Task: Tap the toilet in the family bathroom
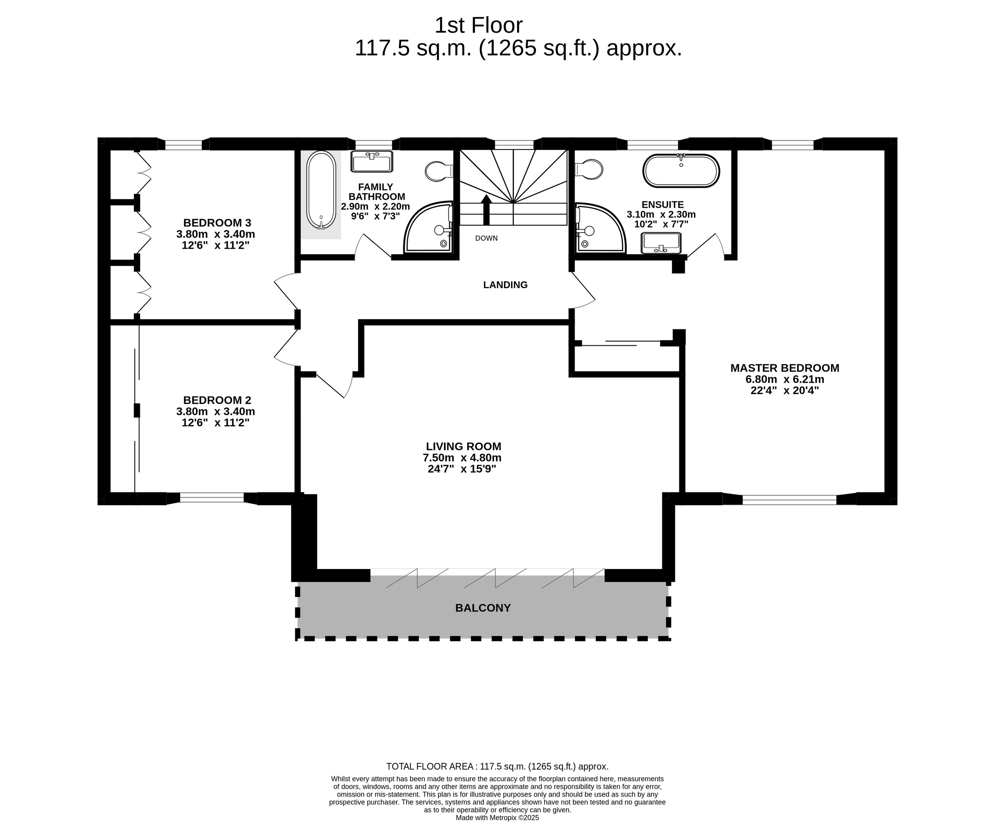point(439,171)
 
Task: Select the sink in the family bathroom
point(371,161)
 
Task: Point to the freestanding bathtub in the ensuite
point(681,170)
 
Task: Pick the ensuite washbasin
point(661,243)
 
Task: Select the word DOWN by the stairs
point(486,238)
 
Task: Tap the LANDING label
point(505,284)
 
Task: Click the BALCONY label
point(483,608)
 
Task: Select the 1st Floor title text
point(478,25)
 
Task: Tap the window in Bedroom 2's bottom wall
point(212,498)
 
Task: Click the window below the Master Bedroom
point(789,499)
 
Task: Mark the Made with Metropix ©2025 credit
point(497,817)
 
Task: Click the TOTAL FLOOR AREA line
point(497,766)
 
